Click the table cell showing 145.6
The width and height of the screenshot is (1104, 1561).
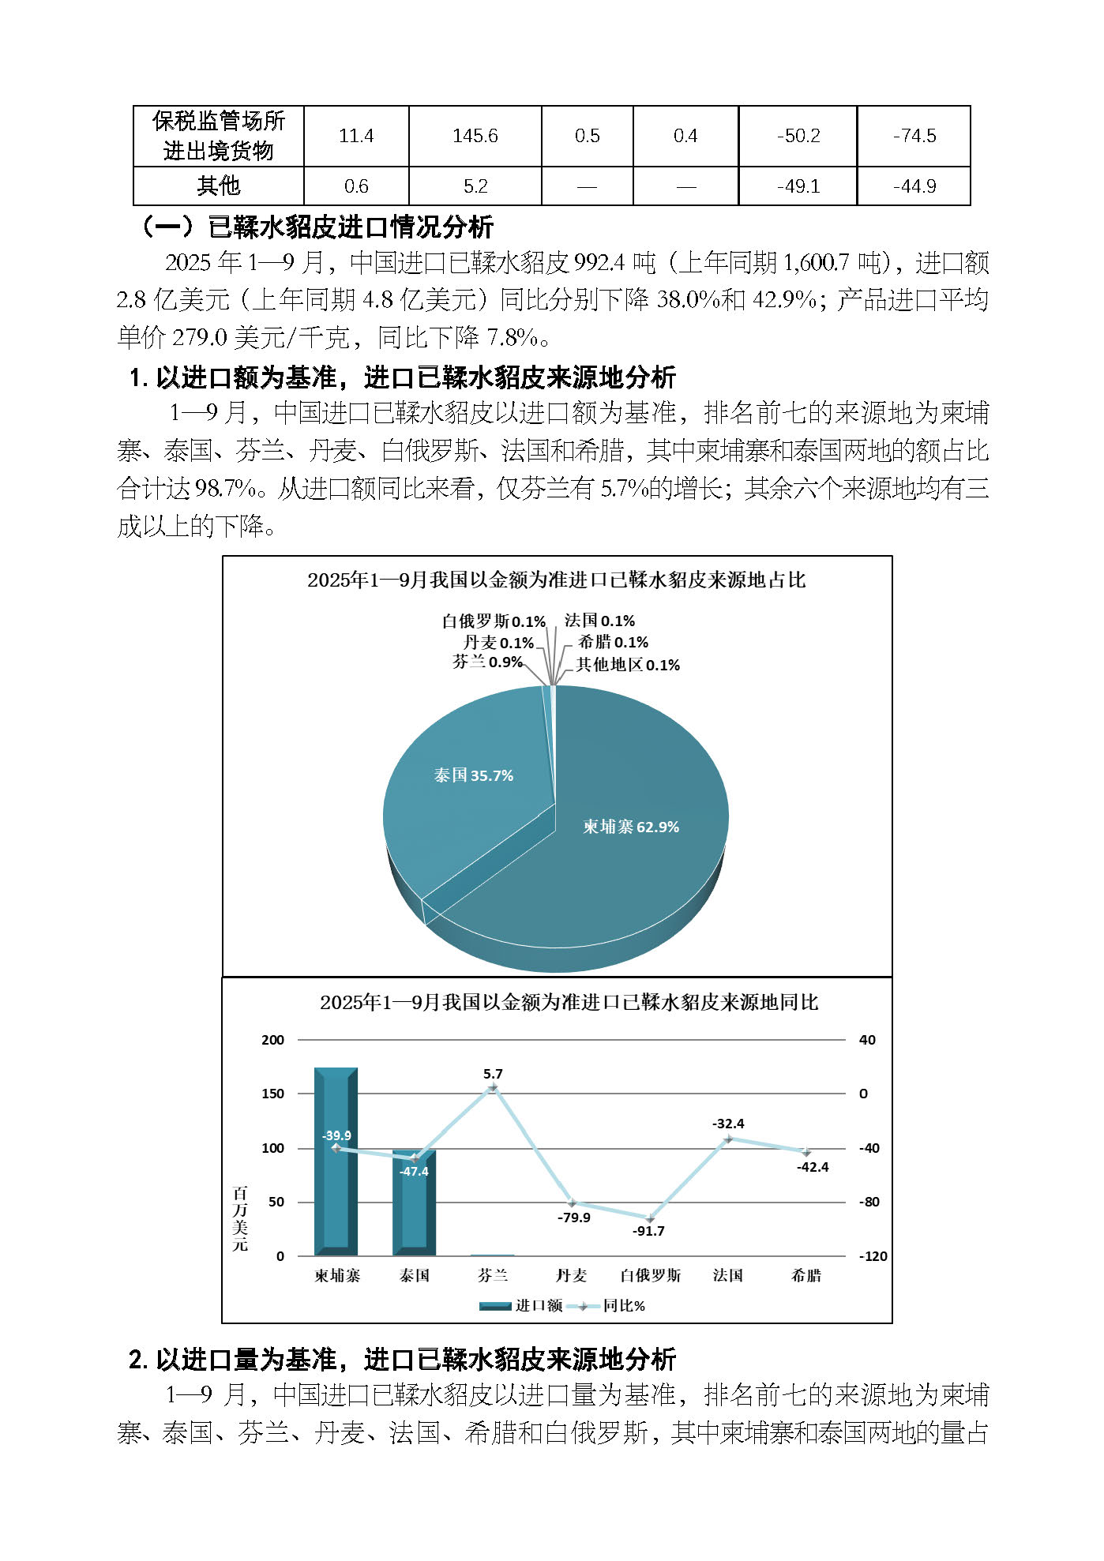[475, 136]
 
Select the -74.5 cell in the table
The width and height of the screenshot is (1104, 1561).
[914, 136]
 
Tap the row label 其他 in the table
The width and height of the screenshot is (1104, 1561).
[218, 186]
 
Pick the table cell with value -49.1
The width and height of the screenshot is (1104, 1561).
[798, 186]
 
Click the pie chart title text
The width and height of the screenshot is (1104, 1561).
[556, 580]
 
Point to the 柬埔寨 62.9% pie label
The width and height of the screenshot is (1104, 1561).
[631, 827]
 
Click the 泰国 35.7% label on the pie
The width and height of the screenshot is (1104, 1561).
[474, 775]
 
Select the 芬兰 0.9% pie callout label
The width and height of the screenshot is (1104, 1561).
[487, 662]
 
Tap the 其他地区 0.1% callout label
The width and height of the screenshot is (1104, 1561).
[628, 665]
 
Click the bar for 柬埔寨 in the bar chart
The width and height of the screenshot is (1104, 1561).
[336, 1184]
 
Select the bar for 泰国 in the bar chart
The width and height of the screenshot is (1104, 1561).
[414, 1208]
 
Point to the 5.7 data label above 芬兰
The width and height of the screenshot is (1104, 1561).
[493, 1074]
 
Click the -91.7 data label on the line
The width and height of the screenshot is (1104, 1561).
[648, 1231]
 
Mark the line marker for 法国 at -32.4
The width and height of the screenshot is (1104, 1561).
[728, 1139]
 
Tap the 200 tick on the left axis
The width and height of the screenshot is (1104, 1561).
[272, 1040]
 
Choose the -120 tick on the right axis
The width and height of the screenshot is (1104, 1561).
[873, 1256]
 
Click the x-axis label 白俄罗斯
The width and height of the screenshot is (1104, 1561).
[650, 1276]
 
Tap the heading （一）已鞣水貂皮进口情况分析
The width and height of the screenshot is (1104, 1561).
[317, 227]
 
